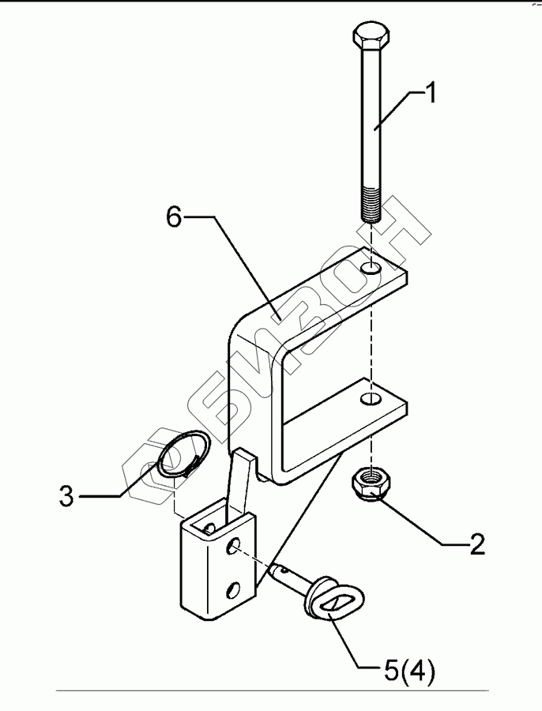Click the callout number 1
430,95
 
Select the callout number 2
476,545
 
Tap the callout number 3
67,497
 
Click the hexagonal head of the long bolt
369,37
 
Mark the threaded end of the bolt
371,204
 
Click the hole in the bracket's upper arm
371,269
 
